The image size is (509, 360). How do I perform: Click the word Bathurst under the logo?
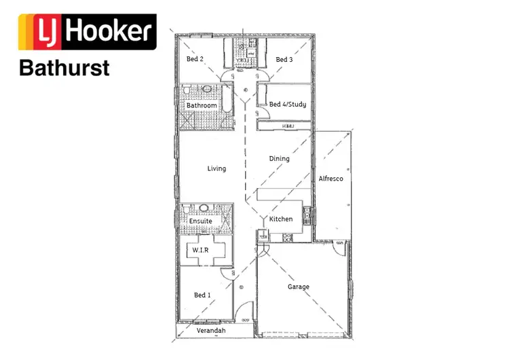click(x=64, y=69)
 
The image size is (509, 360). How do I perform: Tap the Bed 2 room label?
click(x=195, y=59)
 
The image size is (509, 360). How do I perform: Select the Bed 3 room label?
click(x=284, y=60)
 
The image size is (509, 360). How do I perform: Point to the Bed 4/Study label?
click(x=288, y=105)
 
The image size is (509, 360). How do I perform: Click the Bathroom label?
click(x=202, y=106)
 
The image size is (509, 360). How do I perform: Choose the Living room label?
click(x=216, y=168)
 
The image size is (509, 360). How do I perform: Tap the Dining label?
click(x=279, y=159)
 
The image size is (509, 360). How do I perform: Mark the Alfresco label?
click(x=331, y=179)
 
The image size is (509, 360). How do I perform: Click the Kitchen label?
click(x=281, y=219)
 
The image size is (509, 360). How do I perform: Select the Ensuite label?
click(x=200, y=221)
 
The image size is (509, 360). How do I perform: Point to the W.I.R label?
click(x=200, y=250)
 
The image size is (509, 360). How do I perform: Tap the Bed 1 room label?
click(x=202, y=295)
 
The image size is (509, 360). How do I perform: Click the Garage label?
click(x=299, y=287)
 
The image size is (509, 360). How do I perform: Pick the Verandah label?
click(x=210, y=331)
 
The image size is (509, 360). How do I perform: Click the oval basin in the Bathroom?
click(x=206, y=90)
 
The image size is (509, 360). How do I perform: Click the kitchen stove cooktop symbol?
click(x=288, y=238)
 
